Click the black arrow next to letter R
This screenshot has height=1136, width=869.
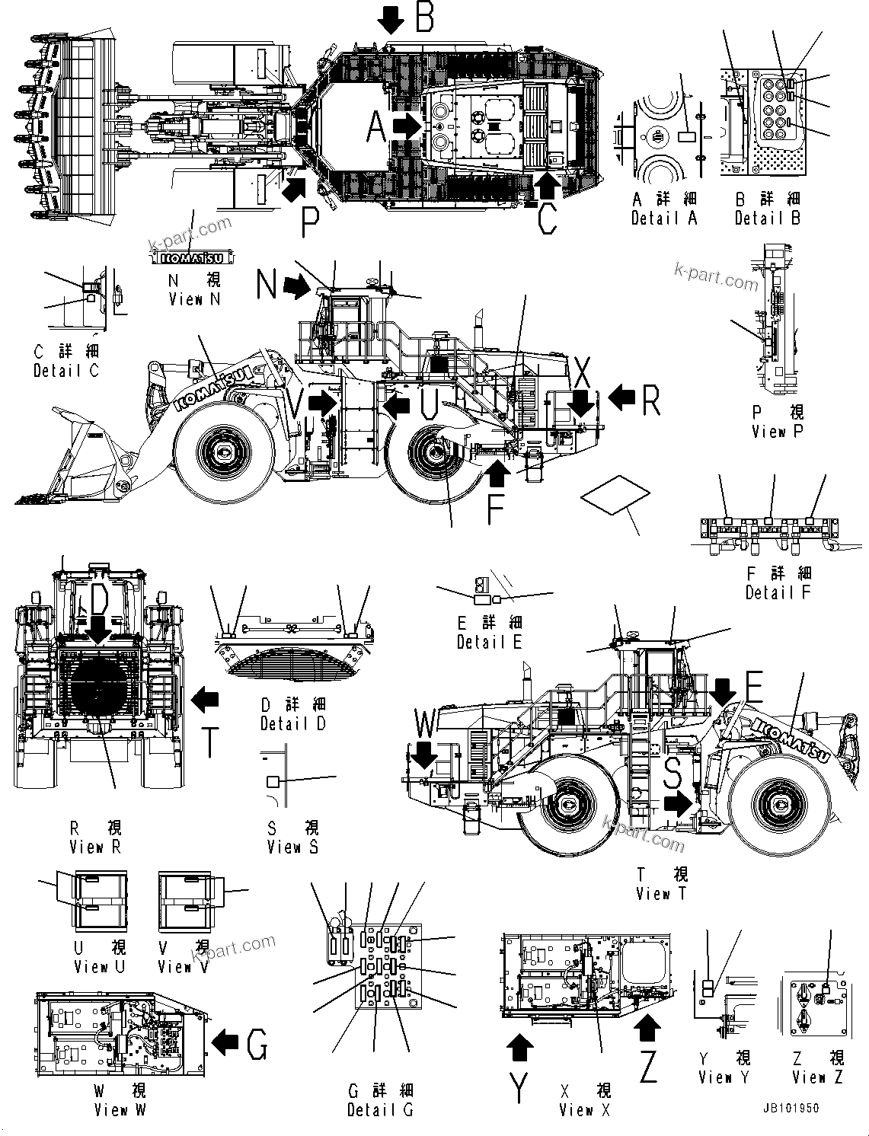coord(622,396)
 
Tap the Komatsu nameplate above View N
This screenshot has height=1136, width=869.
coord(190,257)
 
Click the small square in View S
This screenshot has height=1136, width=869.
coord(273,781)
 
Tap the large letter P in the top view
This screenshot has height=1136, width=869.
coord(308,222)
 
